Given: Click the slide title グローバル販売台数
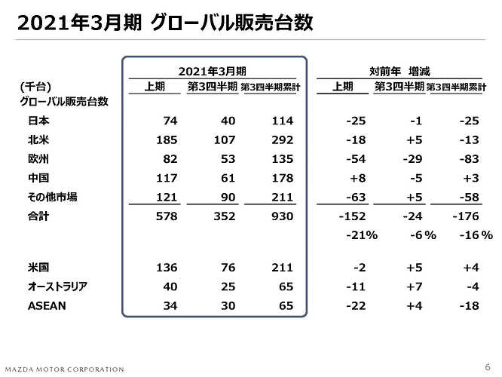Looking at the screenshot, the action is point(231,23).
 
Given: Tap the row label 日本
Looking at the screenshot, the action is point(38,121).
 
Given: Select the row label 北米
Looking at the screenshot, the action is point(38,140).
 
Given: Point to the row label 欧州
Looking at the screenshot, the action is point(38,159).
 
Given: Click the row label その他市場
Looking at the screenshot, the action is point(53,197).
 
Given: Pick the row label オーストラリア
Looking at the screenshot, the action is point(57,287).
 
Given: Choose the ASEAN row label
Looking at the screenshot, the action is point(47,306).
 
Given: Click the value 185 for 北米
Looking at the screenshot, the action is point(167,140).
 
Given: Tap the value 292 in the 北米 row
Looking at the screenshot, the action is point(283,140).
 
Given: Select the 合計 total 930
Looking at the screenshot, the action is point(283,216).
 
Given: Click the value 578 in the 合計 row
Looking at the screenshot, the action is point(167,216).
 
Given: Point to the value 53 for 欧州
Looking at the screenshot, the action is point(228,159).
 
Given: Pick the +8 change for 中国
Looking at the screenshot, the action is point(358,178).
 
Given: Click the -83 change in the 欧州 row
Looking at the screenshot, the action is point(470,159).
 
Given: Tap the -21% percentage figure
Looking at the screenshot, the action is point(362,235).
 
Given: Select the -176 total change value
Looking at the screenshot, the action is point(466,216).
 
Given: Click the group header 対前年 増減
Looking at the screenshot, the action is point(399,71).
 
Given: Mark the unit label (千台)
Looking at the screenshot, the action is point(35,87).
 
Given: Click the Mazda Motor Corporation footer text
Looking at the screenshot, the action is point(65,369).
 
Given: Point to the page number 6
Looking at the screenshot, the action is point(488,367).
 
